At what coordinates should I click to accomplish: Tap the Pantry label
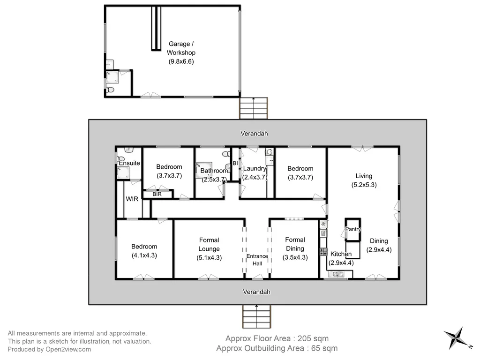coord(353,229)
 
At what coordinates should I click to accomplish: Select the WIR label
coord(132,199)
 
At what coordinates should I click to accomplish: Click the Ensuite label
coord(129,163)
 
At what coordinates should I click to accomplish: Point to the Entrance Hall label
coord(257,260)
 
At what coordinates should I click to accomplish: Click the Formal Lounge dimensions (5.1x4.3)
coord(209,257)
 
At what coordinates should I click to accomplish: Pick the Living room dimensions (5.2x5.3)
coord(364,185)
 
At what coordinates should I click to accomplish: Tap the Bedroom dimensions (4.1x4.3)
coord(144,255)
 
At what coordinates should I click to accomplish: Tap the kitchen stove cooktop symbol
coord(323,252)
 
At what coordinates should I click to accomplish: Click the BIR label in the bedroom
coord(157,194)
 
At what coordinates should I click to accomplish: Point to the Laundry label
coord(255,169)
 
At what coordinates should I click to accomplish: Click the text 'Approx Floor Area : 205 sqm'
coord(277,338)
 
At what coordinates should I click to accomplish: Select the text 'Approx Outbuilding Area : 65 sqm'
coord(277,348)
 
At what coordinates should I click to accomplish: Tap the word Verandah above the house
coord(254,134)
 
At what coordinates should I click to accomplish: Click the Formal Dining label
coord(295,244)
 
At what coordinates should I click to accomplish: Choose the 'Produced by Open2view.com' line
coord(49,349)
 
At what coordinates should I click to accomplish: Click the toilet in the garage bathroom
coord(110,90)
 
